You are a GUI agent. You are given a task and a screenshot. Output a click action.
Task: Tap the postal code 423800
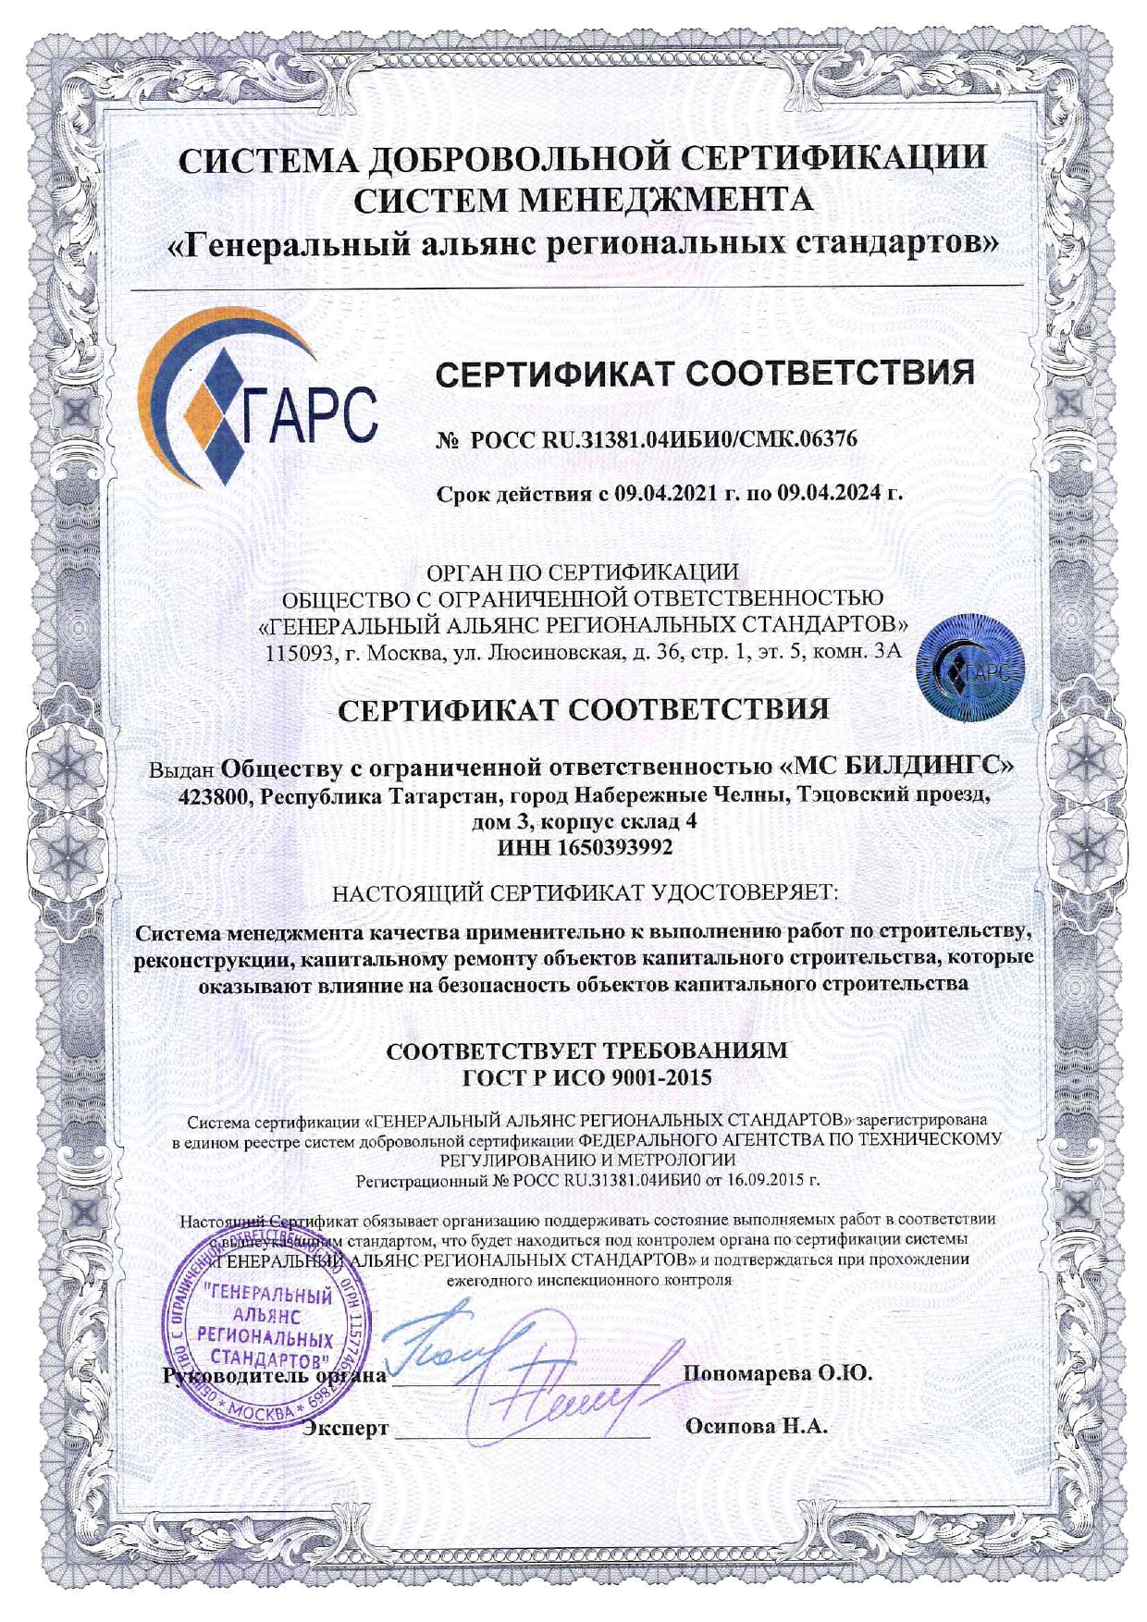point(215,797)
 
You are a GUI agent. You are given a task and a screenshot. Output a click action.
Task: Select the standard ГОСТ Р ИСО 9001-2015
point(586,1077)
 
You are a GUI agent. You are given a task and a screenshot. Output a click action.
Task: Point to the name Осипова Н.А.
point(756,1426)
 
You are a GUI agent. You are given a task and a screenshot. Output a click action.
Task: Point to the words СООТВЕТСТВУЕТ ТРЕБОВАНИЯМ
point(586,1051)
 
